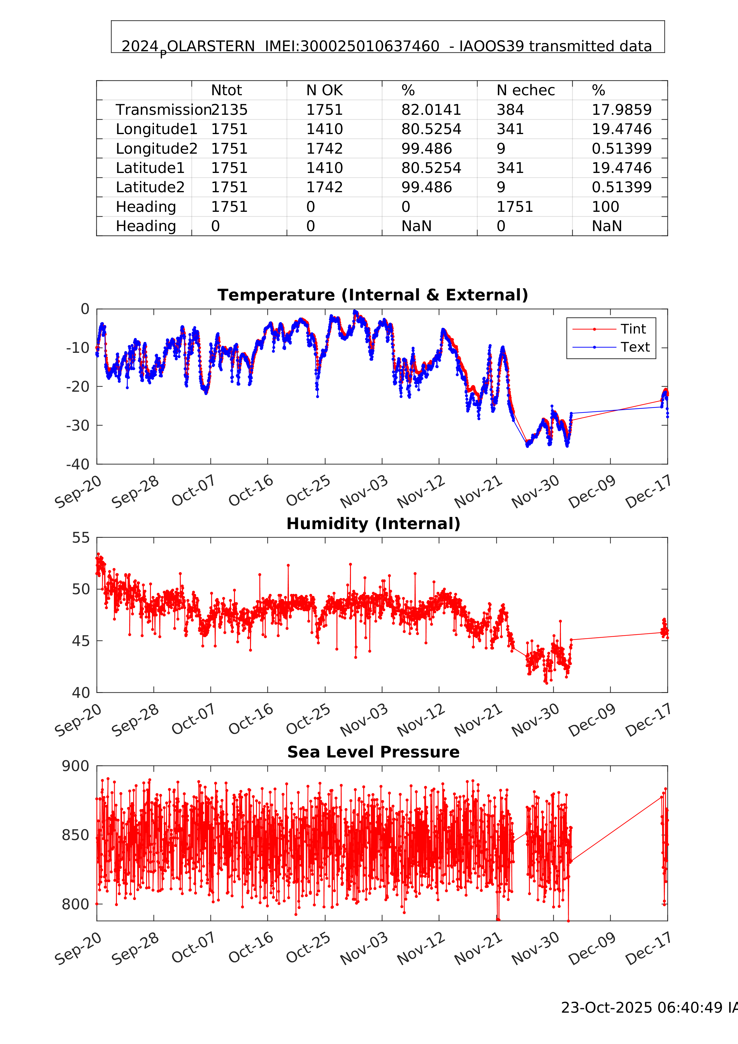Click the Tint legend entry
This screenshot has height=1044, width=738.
click(x=633, y=329)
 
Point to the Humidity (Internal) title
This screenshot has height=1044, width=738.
click(x=373, y=524)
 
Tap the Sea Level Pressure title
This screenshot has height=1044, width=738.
click(x=373, y=752)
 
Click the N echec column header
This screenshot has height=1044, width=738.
click(x=525, y=90)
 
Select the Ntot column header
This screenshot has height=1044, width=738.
click(x=227, y=90)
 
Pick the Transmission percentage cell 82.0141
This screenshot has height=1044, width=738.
click(x=431, y=110)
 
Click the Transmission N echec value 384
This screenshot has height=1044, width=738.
click(x=510, y=110)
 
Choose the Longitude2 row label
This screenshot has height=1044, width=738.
click(x=156, y=149)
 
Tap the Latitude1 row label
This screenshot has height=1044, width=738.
click(x=150, y=168)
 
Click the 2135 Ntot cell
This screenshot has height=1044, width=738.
click(x=230, y=110)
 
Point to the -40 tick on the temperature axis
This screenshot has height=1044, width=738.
click(x=78, y=465)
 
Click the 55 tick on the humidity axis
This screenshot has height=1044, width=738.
click(x=81, y=538)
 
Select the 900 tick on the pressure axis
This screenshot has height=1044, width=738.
click(x=76, y=766)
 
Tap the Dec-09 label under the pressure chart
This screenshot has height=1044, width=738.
click(x=592, y=948)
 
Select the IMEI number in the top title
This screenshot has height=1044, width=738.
click(x=352, y=46)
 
